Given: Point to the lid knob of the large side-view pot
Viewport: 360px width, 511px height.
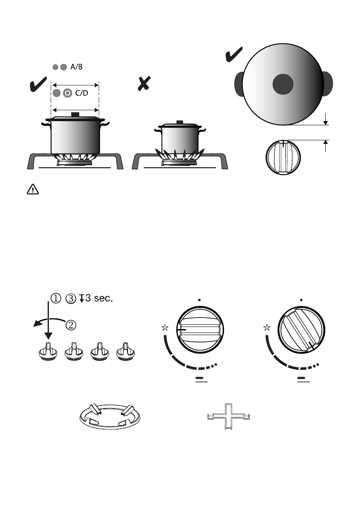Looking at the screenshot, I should pyautogui.click(x=76, y=115).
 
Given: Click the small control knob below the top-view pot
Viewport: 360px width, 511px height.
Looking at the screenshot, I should pyautogui.click(x=283, y=157).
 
